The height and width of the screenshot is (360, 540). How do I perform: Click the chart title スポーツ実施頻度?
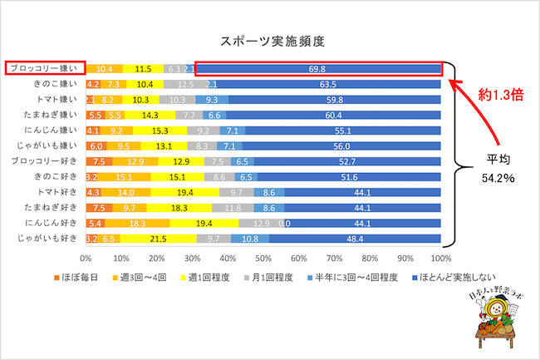pos(272,40)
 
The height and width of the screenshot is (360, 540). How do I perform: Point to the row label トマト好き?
pos(56,192)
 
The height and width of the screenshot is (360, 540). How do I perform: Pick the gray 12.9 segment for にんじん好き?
pos(261,224)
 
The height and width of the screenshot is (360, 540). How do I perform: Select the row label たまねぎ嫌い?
pos(52,115)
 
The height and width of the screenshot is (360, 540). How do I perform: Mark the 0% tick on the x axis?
pos(86,258)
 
